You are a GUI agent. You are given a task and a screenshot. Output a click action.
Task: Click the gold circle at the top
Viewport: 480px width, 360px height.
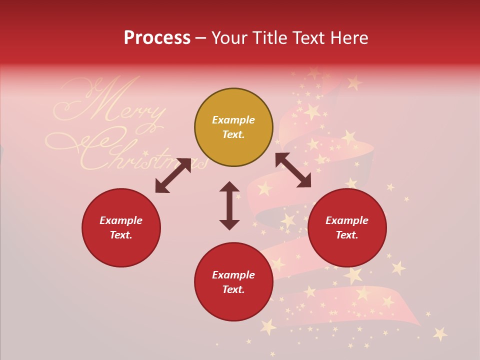click(233, 127)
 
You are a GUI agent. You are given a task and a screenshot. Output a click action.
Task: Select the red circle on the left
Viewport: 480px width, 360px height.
click(121, 228)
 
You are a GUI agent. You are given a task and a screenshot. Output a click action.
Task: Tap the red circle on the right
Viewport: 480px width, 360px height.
click(347, 228)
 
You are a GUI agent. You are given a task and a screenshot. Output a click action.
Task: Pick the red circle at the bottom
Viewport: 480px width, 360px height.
click(233, 282)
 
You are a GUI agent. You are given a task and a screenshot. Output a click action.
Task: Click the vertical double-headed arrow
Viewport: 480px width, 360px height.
click(229, 205)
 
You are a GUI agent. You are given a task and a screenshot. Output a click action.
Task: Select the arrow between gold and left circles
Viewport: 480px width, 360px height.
click(173, 175)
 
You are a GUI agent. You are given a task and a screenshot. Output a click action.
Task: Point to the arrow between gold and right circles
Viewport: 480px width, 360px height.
click(293, 170)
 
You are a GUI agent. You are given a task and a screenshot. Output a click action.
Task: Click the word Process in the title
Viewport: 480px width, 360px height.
click(157, 38)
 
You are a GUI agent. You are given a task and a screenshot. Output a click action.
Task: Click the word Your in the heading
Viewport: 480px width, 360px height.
click(229, 38)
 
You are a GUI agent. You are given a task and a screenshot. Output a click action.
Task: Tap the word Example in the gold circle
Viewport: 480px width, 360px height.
click(233, 120)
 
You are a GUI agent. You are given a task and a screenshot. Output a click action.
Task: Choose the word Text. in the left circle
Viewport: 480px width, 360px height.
click(121, 235)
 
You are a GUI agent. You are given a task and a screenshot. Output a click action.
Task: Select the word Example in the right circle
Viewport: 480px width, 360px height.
click(347, 220)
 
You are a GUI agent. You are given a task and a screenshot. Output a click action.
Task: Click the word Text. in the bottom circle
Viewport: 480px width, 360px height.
click(233, 289)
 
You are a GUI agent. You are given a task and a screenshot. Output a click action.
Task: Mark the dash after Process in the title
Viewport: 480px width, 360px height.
click(200, 38)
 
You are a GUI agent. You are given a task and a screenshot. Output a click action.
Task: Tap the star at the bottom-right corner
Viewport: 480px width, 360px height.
click(440, 333)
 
